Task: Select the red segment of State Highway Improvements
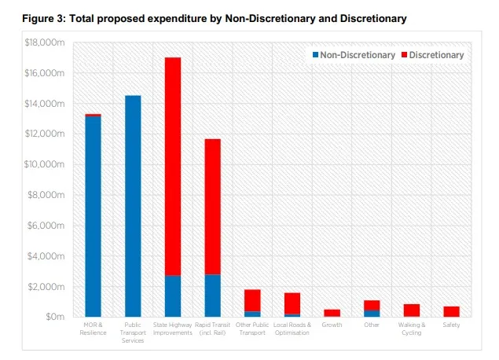[x=173, y=166]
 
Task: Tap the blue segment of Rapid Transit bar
[x=212, y=296]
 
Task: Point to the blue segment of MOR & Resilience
[x=94, y=216]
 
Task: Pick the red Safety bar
[x=451, y=311]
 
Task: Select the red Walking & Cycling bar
[x=411, y=310]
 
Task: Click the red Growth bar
[x=332, y=313]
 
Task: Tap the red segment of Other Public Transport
[x=252, y=300]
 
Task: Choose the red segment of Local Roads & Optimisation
[x=292, y=303]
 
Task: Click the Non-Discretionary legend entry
[x=353, y=55]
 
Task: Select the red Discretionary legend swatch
[x=405, y=55]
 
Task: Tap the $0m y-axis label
[x=53, y=317]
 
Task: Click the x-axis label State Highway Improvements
[x=173, y=329]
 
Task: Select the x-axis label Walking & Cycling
[x=411, y=329]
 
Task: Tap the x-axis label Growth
[x=332, y=325]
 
